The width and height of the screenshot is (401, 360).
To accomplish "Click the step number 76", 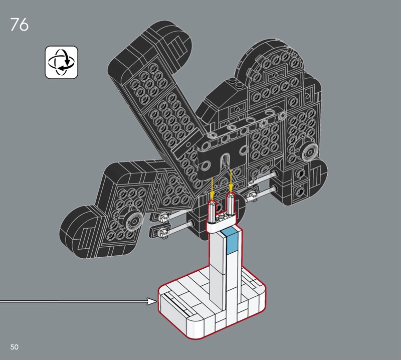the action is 20,25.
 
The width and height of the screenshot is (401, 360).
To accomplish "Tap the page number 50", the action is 15,347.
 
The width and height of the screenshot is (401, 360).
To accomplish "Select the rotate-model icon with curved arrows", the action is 61,62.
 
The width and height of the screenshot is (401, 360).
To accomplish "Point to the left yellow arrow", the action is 212,187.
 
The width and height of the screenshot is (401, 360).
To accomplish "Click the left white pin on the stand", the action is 212,211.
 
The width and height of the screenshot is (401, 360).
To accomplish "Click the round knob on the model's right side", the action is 309,152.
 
